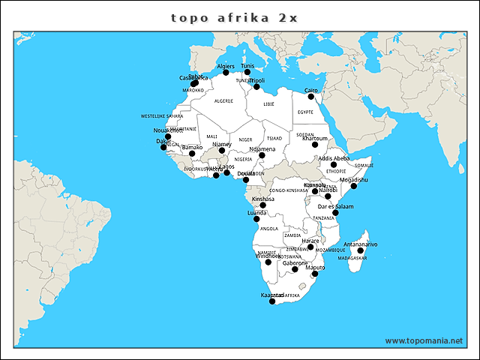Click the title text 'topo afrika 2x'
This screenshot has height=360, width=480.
tap(234, 17)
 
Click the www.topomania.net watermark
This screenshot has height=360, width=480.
tap(424, 340)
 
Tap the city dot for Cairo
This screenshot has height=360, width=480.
tap(311, 97)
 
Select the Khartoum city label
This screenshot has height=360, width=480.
tap(315, 138)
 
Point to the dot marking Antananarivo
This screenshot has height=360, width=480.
tap(360, 251)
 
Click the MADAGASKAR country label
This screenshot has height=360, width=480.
tap(352, 258)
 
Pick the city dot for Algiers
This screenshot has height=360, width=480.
tap(226, 73)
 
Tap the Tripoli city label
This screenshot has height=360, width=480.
tap(256, 80)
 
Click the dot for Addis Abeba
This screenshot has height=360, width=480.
tap(334, 165)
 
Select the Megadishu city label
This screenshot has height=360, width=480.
tap(354, 180)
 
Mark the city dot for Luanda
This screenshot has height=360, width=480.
tap(256, 219)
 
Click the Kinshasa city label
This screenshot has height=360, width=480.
tap(262, 199)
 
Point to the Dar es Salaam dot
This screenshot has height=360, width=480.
tap(335, 213)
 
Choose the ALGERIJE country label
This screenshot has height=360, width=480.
tap(223, 100)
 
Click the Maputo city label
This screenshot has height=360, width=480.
tap(315, 267)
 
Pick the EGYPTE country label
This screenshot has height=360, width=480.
tap(305, 112)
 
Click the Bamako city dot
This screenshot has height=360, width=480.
tap(193, 154)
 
